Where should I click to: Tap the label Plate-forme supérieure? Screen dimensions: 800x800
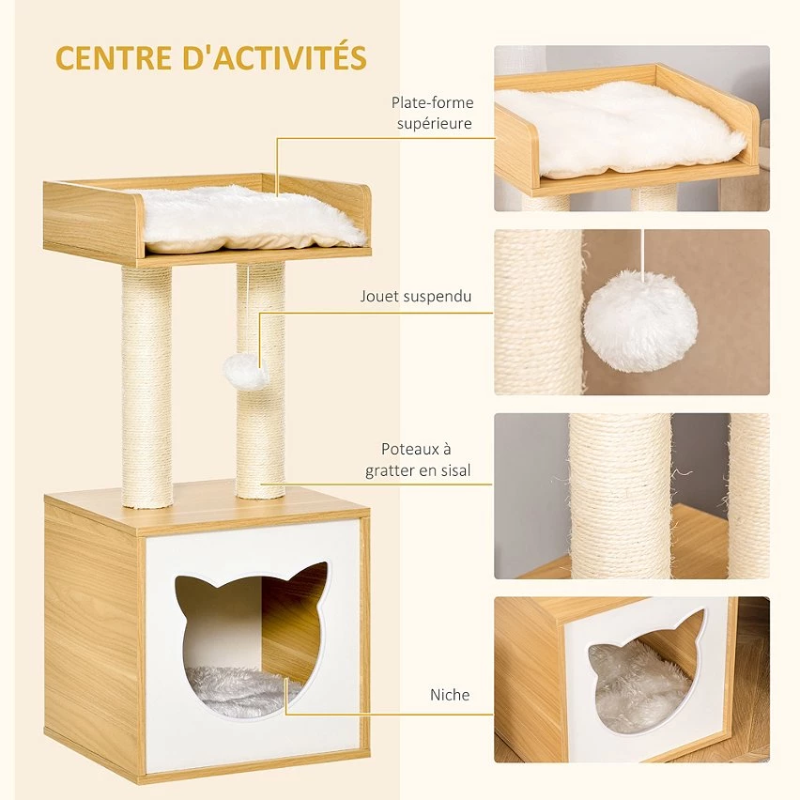pos(432,113)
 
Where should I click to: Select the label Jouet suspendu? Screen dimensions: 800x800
pos(415,296)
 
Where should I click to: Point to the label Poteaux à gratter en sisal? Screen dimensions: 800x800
pos(418,460)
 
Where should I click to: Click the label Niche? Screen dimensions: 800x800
pos(450,695)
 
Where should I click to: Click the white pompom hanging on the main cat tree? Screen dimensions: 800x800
pos(247,372)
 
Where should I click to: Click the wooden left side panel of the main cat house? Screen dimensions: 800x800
pos(92,638)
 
